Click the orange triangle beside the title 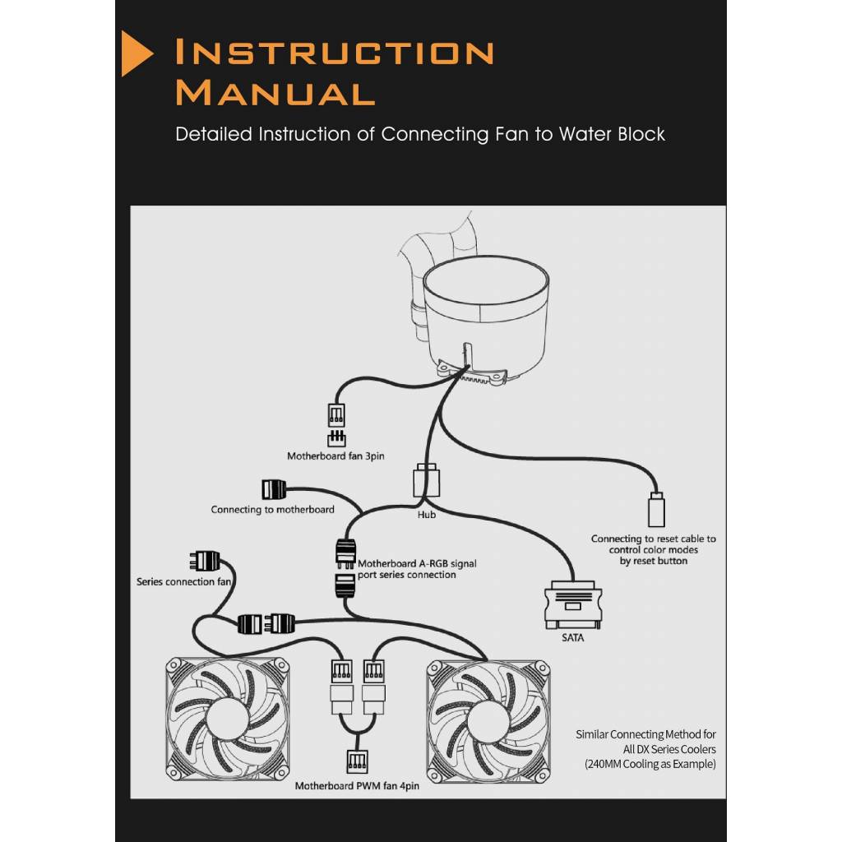point(136,53)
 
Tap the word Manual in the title point(275,91)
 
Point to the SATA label point(572,637)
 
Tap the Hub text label point(426,515)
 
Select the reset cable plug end point(656,511)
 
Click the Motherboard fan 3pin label point(335,456)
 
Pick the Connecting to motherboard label point(272,510)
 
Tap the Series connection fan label point(184,582)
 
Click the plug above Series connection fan point(205,561)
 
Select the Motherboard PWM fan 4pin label point(357,786)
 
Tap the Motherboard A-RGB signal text point(417,564)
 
